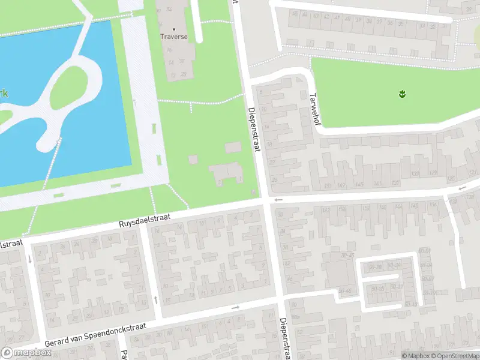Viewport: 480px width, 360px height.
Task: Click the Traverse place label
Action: point(174,37)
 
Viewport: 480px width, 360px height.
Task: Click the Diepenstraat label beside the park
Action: point(252,129)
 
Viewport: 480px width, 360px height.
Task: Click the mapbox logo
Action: point(26,353)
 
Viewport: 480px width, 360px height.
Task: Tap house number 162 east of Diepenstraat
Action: point(326,210)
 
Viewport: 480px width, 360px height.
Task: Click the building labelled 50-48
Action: point(345,291)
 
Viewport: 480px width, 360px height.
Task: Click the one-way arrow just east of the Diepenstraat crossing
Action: point(278,200)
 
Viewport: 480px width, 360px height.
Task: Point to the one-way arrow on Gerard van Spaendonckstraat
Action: point(235,308)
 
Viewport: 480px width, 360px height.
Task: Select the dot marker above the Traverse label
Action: point(174,28)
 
